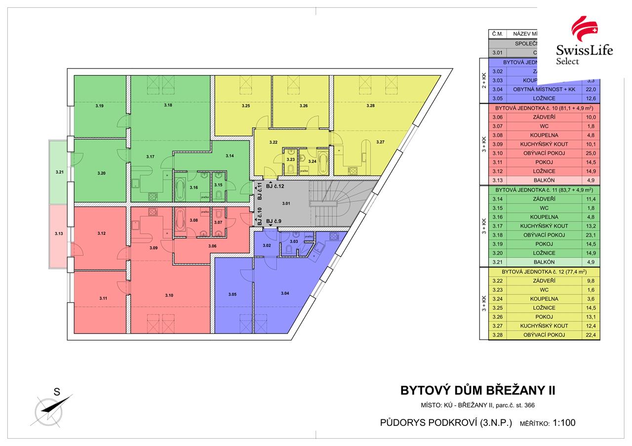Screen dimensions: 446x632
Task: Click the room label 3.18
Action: coord(168,106)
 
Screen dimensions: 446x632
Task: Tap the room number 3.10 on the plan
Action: coord(169,295)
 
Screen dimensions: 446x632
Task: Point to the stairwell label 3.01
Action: coord(286,203)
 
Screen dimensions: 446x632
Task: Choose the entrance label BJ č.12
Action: coord(275,186)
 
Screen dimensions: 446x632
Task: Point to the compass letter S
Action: coord(57,393)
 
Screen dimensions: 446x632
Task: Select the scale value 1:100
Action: coord(564,423)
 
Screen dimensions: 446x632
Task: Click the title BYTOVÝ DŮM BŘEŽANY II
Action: coord(477,391)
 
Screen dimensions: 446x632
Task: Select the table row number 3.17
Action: coord(497,226)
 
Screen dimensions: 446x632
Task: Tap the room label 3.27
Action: coord(380,142)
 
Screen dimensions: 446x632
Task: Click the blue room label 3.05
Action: coord(233,295)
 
